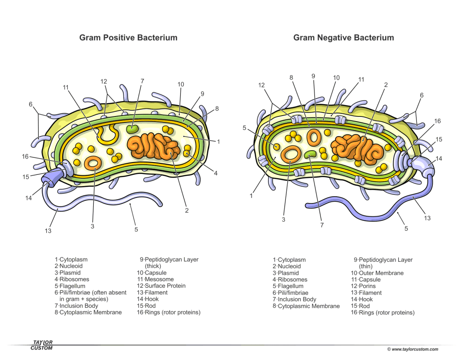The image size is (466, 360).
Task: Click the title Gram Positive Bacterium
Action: click(x=128, y=38)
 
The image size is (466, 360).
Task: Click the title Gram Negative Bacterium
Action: click(x=344, y=38)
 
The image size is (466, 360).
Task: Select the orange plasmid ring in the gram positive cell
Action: click(x=93, y=162)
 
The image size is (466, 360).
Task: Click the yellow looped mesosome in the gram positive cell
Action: click(x=108, y=133)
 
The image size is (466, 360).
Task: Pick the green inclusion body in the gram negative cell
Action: click(x=311, y=154)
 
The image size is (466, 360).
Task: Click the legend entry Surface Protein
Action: click(x=161, y=286)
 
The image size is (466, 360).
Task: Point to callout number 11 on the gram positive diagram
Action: click(x=66, y=87)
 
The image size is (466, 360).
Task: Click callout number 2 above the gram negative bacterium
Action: click(x=386, y=85)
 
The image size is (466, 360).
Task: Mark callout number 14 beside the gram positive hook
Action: click(x=29, y=198)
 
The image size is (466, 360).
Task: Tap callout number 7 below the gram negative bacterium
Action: click(x=322, y=225)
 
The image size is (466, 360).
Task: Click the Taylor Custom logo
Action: click(x=42, y=345)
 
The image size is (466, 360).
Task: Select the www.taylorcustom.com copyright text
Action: click(x=412, y=350)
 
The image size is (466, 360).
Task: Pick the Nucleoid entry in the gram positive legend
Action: click(x=69, y=266)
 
